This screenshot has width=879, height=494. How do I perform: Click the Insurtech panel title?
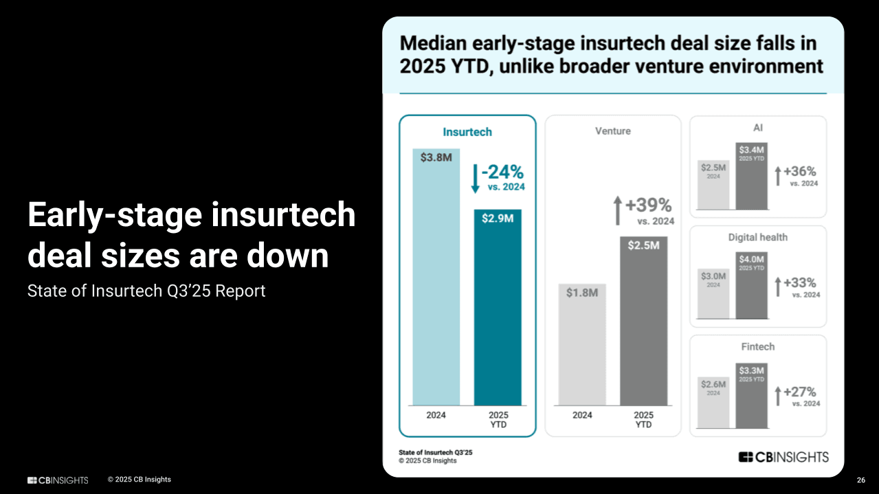tap(467, 132)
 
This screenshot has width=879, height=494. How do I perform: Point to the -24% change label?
tap(502, 172)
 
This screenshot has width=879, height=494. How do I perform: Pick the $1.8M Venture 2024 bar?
tap(582, 344)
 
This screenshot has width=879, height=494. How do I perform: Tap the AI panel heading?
tap(757, 128)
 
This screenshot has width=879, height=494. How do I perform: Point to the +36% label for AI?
tap(799, 172)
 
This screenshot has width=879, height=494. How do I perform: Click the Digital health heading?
tap(757, 237)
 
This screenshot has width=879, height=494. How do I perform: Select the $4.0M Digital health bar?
tap(751, 285)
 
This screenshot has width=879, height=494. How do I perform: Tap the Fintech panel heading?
tap(757, 347)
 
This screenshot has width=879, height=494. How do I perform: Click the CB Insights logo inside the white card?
tap(783, 457)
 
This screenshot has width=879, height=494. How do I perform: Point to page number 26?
tap(860, 480)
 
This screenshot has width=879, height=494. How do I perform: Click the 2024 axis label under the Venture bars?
tap(582, 415)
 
